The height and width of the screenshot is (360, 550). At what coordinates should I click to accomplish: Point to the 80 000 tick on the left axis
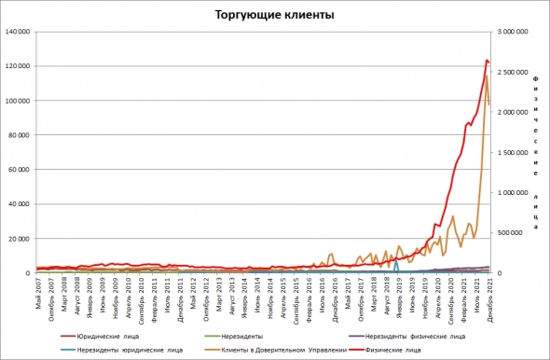click(21, 135)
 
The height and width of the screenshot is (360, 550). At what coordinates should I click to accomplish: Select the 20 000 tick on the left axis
click(21, 239)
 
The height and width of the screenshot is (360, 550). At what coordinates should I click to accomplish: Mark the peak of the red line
click(487, 61)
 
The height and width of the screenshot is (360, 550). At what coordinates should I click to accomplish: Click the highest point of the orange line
click(486, 76)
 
